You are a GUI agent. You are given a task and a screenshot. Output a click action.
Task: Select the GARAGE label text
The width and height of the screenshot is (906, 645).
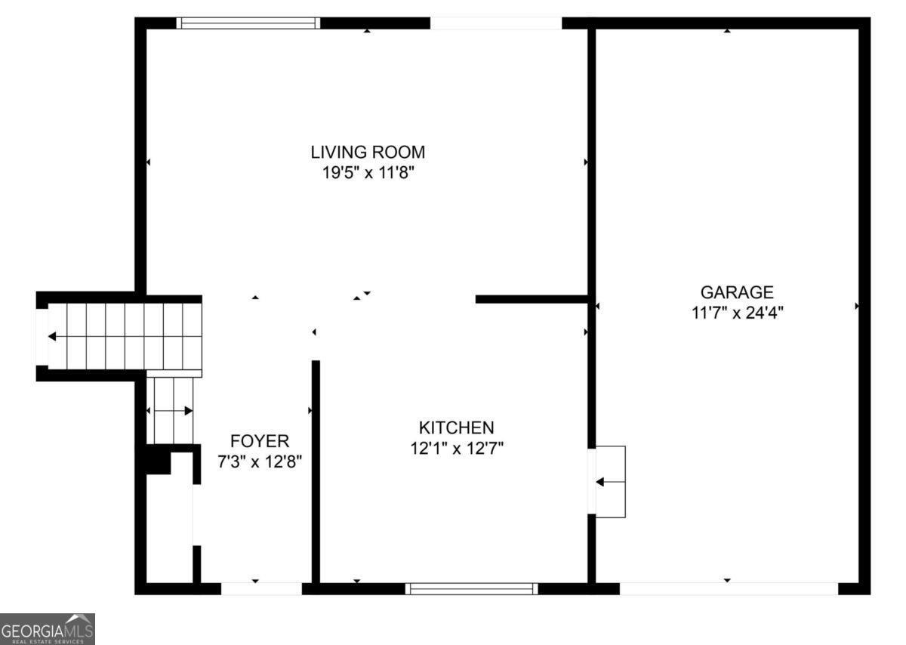point(737,292)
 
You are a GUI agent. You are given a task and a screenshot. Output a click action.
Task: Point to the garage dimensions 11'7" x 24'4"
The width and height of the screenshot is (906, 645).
point(737,312)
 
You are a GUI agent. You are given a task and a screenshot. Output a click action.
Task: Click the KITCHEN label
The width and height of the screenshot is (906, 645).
point(457,427)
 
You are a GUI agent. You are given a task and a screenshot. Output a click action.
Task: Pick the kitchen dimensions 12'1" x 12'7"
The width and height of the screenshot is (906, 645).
point(457,449)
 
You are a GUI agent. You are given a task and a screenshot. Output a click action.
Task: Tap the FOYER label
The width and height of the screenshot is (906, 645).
point(260,441)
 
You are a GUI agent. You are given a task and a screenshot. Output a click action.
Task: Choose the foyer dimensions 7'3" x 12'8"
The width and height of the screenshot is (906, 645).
point(260,461)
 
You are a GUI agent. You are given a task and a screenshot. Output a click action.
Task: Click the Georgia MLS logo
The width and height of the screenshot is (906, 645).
point(48,628)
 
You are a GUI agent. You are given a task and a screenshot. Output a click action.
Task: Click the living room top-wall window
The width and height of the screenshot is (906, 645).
point(248,23)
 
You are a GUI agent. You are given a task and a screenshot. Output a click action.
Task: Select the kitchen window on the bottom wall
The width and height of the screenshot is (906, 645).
point(472,588)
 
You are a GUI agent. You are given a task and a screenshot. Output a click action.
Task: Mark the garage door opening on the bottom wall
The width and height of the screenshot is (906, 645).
point(729,588)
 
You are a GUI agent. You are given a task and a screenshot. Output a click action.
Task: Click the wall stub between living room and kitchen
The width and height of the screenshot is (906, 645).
point(532,299)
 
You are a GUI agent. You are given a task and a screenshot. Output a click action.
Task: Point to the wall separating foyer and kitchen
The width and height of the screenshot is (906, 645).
point(316,471)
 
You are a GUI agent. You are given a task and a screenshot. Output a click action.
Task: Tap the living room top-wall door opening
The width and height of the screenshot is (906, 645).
point(496,23)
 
